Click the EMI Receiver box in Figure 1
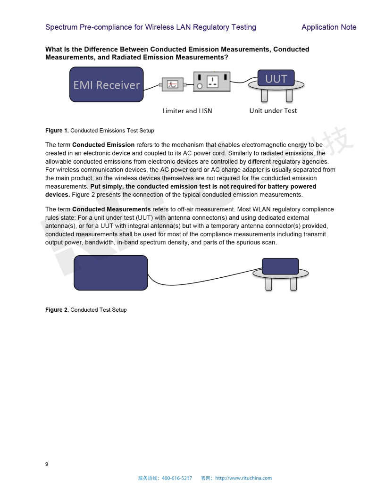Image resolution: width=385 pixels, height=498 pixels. tap(106, 84)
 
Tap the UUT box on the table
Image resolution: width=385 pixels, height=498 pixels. tap(276, 78)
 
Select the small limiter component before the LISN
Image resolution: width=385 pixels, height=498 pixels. tap(173, 85)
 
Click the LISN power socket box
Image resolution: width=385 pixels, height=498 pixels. tap(212, 81)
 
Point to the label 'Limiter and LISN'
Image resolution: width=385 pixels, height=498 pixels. tap(187, 111)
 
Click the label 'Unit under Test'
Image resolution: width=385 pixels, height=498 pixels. tap(273, 111)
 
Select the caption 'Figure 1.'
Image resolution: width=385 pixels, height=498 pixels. tap(57, 131)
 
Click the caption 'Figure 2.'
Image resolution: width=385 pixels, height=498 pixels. tap(57, 310)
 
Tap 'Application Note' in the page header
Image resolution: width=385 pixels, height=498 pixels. tap(329, 27)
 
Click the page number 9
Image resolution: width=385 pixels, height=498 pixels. tap(47, 464)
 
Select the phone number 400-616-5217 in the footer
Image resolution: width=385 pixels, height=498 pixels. tap(176, 478)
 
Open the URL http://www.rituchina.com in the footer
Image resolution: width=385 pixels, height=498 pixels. tap(243, 478)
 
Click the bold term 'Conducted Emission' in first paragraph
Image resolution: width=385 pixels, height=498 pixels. tap(103, 145)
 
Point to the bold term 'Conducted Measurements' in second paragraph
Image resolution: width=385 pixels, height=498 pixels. tap(111, 209)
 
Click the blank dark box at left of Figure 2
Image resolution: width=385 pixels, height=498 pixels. tap(111, 273)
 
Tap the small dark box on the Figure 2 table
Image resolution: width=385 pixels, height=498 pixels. tap(280, 266)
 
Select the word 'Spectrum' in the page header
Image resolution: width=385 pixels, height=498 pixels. tap(61, 27)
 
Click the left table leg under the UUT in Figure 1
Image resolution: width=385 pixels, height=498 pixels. tap(264, 96)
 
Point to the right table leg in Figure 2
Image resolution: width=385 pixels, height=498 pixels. tap(293, 284)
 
